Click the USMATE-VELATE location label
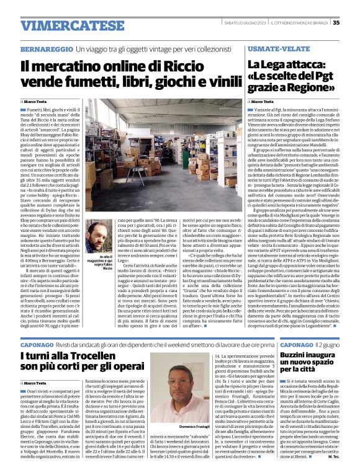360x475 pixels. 276,48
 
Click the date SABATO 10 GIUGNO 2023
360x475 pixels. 257,22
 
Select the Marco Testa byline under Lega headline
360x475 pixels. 263,101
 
